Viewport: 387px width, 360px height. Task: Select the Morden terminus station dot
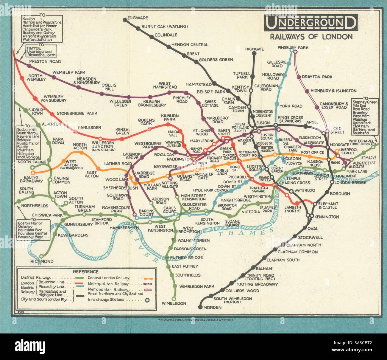[x=200, y=307]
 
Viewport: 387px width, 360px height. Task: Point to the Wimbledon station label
[x=174, y=303]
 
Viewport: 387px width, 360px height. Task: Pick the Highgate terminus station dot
[x=254, y=54]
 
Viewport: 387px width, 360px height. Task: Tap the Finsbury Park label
[x=293, y=47]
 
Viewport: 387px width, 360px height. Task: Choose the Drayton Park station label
[x=317, y=77]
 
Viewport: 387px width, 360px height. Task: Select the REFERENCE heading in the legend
[x=85, y=271]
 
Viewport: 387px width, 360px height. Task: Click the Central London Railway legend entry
[x=109, y=278]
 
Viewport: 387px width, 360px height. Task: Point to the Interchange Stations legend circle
[x=147, y=300]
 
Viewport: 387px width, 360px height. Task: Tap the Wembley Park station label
[x=69, y=72]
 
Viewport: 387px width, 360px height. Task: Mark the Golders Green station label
[x=216, y=60]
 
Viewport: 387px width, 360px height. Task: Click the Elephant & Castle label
[x=327, y=205]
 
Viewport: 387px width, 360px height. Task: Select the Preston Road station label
[x=45, y=61]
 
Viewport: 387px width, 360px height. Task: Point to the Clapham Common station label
[x=300, y=252]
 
